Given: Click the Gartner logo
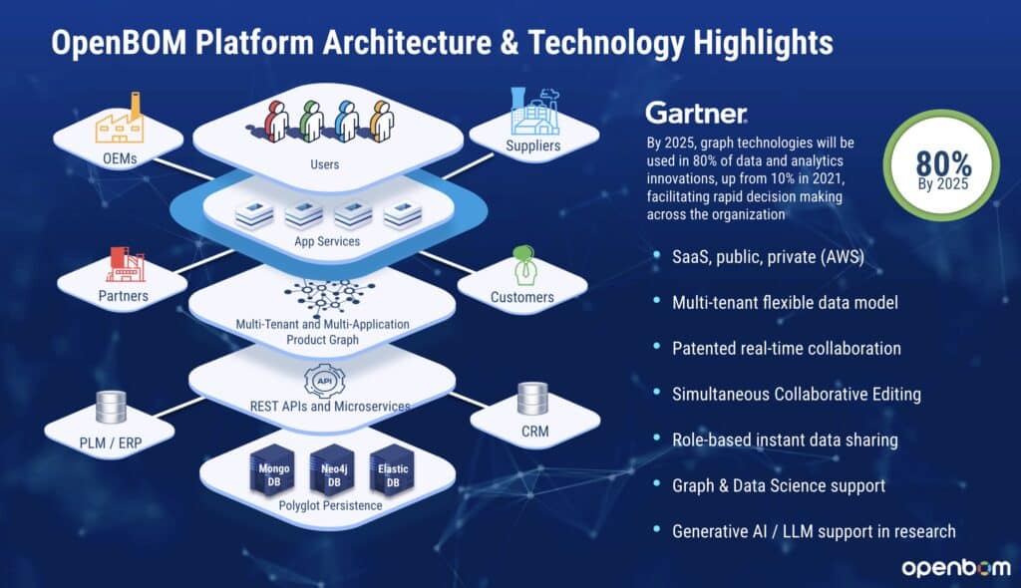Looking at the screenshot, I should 696,112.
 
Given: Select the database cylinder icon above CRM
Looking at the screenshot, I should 533,400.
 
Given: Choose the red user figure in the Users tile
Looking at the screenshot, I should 276,121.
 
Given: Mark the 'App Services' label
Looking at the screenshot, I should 326,240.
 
